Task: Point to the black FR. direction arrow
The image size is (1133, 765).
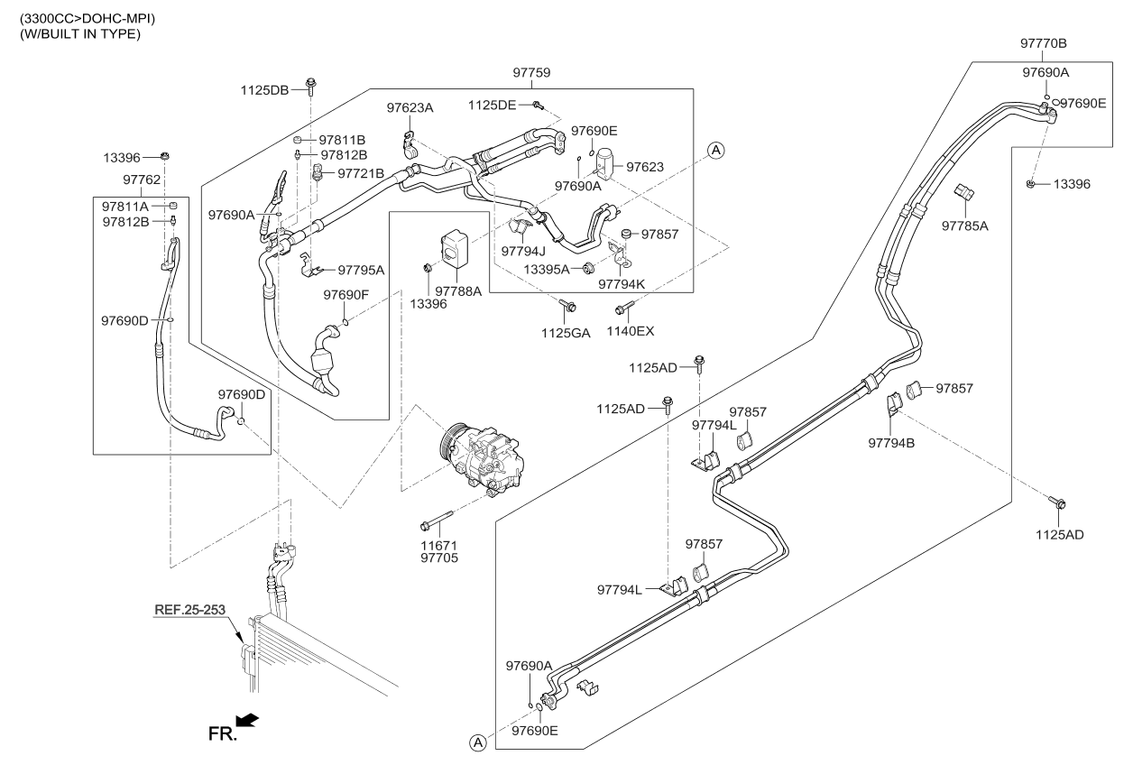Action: point(246,720)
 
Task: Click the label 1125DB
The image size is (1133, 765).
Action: point(265,89)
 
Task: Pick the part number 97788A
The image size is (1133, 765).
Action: point(458,290)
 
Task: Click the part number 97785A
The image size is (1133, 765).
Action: point(965,225)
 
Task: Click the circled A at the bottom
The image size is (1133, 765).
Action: point(476,742)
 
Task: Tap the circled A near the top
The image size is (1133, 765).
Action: point(715,150)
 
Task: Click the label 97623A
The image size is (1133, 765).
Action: point(410,108)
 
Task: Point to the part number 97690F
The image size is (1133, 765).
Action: point(346,294)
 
